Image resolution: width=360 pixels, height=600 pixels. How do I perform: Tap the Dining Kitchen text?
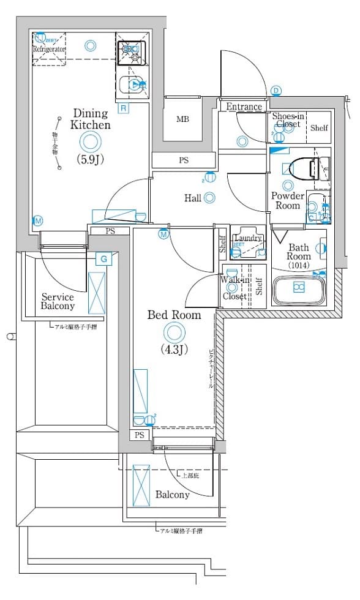point(90,119)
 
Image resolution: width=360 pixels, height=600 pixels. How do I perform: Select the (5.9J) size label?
point(90,160)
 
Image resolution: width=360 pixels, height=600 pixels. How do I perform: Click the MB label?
point(182,119)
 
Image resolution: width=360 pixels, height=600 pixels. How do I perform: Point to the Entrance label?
point(244,107)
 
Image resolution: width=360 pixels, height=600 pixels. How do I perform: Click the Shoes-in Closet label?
point(287,120)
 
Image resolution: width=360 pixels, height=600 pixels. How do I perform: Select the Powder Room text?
point(288,201)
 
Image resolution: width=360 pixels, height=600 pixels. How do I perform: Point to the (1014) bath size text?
point(299,266)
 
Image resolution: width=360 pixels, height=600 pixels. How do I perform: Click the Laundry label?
point(248,238)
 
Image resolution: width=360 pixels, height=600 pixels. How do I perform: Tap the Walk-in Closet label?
point(234,288)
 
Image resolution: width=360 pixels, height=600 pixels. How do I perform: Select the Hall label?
point(193,198)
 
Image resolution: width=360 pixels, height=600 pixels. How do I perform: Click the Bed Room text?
point(174,315)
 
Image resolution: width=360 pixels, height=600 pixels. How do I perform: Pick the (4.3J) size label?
point(174,350)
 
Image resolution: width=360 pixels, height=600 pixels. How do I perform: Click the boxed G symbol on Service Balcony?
point(104,259)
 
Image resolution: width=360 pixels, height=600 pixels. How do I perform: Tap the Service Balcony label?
point(58,301)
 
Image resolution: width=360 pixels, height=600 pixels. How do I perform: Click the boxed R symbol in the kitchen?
point(123,108)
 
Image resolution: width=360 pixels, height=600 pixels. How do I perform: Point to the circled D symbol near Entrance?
point(276,91)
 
